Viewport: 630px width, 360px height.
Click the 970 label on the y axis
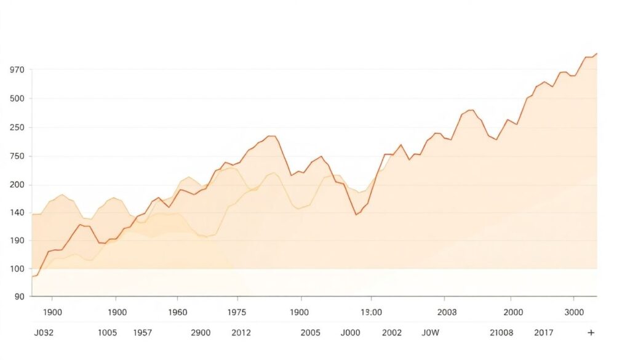[x=17, y=70]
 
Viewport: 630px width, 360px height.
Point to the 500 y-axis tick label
[x=17, y=98]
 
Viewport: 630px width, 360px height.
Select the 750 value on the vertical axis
[x=17, y=156]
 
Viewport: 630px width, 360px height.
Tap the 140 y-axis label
[x=17, y=213]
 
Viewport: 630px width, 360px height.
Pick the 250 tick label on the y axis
[x=17, y=128]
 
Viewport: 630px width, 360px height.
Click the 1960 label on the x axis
[x=177, y=312]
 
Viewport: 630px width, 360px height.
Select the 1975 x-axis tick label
[x=237, y=312]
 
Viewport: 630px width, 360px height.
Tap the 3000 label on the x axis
[x=573, y=312]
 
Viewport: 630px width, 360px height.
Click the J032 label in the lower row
[x=44, y=333]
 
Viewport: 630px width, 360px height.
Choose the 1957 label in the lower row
[x=143, y=333]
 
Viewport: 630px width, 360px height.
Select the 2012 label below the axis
[x=241, y=333]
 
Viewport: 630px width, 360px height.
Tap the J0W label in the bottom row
[x=431, y=333]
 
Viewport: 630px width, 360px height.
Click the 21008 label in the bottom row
[x=501, y=333]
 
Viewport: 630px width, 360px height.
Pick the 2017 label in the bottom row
[x=543, y=333]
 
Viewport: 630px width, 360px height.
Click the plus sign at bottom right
[x=591, y=333]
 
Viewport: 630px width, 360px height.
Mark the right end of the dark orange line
[x=596, y=54]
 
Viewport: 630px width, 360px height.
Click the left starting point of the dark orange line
[x=32, y=276]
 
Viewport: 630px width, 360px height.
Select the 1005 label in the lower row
[x=107, y=333]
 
